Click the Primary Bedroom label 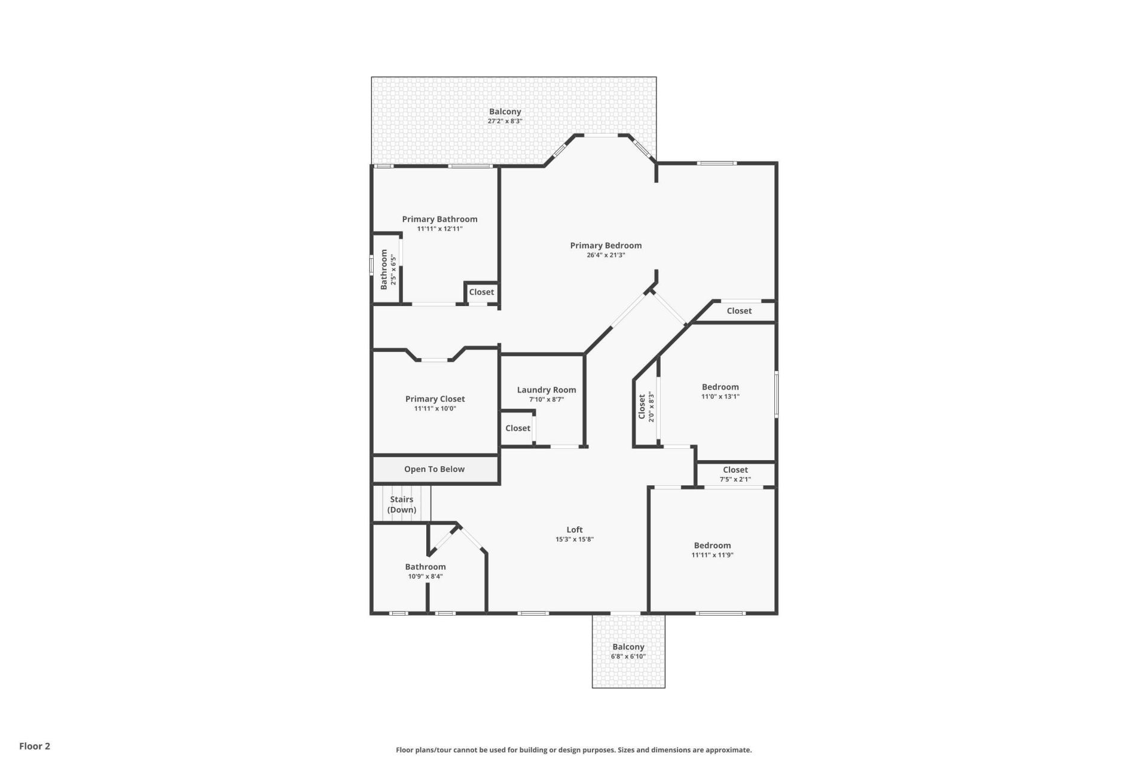(x=606, y=245)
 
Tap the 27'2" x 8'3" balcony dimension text (x=505, y=121)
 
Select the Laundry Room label (x=546, y=390)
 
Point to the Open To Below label (x=434, y=469)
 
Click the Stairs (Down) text (x=402, y=504)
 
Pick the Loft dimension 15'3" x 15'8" (x=574, y=539)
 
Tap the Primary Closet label (x=435, y=399)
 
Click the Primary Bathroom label (x=439, y=219)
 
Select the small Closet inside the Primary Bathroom (x=481, y=292)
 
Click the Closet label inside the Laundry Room (x=517, y=428)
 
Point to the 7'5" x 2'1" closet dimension (x=735, y=479)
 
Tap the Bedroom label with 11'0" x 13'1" (x=720, y=387)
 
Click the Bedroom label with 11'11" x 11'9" (x=712, y=545)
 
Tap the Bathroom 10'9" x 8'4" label (x=425, y=567)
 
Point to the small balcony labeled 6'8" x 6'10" (x=628, y=651)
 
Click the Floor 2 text (x=35, y=746)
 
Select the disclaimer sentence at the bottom (x=573, y=750)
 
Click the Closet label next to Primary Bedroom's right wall (x=739, y=311)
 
